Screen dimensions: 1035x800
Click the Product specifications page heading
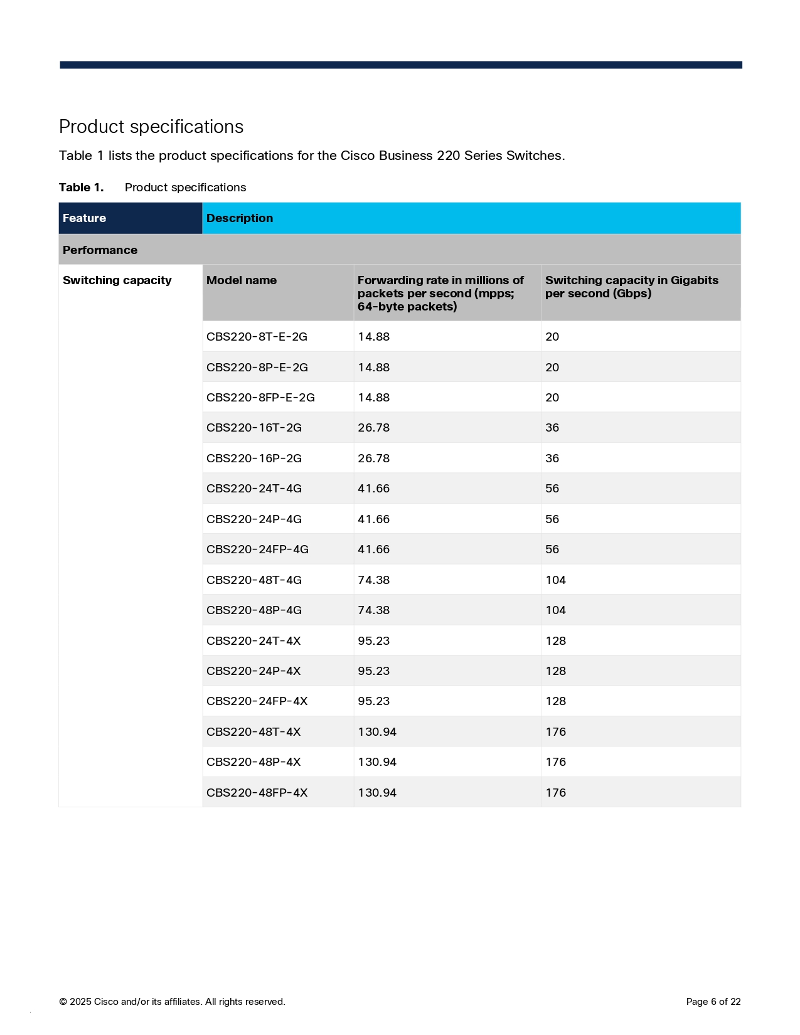(151, 127)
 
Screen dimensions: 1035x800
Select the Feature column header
(84, 218)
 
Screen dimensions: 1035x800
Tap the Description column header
(240, 218)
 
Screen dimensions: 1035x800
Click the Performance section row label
(100, 250)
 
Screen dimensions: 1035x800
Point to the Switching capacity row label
(117, 280)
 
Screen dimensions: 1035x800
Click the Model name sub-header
(242, 280)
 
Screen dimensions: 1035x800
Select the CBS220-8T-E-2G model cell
(257, 337)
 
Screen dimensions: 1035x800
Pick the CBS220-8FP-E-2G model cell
(260, 398)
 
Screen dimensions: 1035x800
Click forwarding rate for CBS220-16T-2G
(373, 428)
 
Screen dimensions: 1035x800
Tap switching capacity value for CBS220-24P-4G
(552, 519)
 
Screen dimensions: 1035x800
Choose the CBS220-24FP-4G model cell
(257, 549)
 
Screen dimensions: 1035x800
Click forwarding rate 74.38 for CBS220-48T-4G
(373, 580)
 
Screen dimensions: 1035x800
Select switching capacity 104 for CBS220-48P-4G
(555, 610)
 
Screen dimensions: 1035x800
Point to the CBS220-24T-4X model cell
(253, 641)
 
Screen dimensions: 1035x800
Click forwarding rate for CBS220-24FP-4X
(373, 701)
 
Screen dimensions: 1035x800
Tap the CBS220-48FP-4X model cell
(257, 793)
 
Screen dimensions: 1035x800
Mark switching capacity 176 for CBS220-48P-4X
(555, 762)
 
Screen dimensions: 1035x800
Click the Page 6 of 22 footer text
(713, 1002)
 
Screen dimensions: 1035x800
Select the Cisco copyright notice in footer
(172, 1002)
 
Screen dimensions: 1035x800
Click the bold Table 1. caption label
(81, 188)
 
